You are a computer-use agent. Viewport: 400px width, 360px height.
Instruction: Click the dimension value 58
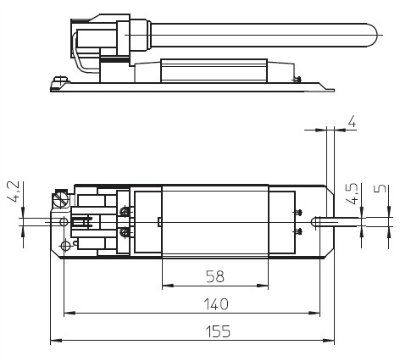[x=215, y=276]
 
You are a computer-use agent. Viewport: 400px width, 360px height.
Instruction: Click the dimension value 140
[x=216, y=304]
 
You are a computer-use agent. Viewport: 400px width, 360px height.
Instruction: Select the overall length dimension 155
[x=218, y=332]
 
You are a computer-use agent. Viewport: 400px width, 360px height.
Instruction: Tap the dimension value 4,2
[x=15, y=194]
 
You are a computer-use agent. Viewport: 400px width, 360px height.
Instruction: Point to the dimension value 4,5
[x=353, y=194]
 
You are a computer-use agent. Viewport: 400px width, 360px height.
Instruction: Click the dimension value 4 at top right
[x=352, y=122]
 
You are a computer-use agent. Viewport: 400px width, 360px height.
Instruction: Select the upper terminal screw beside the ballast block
[x=125, y=211]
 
